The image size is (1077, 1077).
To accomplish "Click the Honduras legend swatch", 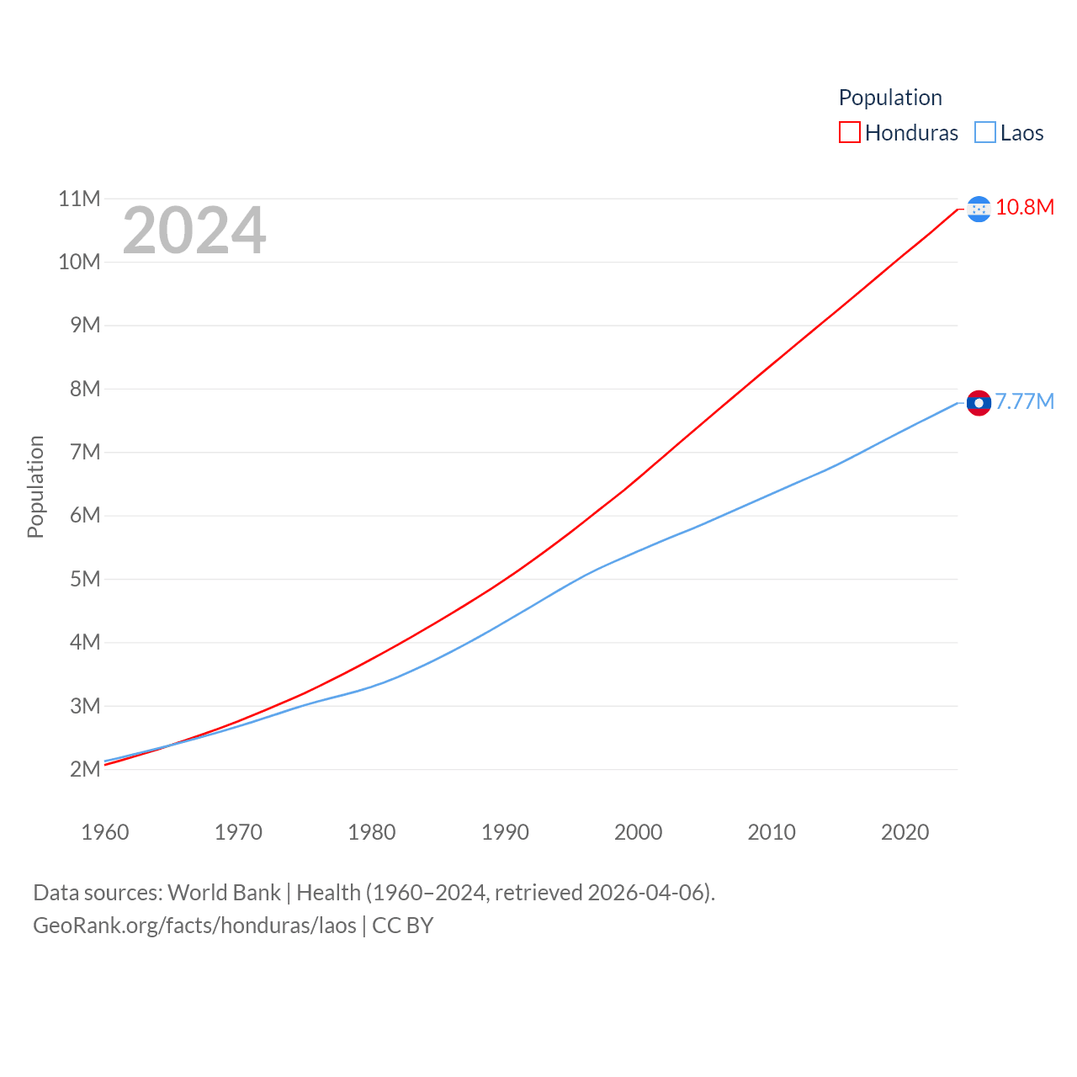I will click(x=849, y=133).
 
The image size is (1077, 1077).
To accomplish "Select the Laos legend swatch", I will click(x=984, y=133).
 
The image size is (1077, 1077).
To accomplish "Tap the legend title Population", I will click(x=890, y=98).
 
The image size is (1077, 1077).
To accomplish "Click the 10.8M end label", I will click(x=1025, y=208).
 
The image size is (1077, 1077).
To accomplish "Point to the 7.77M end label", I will click(x=1025, y=401).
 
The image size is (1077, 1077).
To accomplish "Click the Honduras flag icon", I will click(x=979, y=209).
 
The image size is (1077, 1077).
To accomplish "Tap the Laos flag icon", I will click(x=979, y=403).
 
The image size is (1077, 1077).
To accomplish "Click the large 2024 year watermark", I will click(x=194, y=231).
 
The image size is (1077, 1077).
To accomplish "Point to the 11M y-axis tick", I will click(x=79, y=199).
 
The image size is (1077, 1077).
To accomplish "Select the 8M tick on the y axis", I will click(x=85, y=389).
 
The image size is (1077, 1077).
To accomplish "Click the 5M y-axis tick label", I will click(x=85, y=579).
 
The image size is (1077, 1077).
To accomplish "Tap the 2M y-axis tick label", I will click(x=85, y=769).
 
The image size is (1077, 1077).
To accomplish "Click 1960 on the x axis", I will click(x=105, y=832).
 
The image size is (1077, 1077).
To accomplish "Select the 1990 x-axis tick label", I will click(x=505, y=832).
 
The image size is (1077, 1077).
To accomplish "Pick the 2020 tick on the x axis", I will click(x=905, y=832).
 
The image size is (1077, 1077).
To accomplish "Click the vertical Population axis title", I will click(x=35, y=486).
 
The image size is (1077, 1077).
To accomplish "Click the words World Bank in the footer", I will click(x=224, y=893).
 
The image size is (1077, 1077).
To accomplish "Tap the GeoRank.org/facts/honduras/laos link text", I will click(x=194, y=926).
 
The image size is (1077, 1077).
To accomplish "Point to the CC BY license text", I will click(x=402, y=926).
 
